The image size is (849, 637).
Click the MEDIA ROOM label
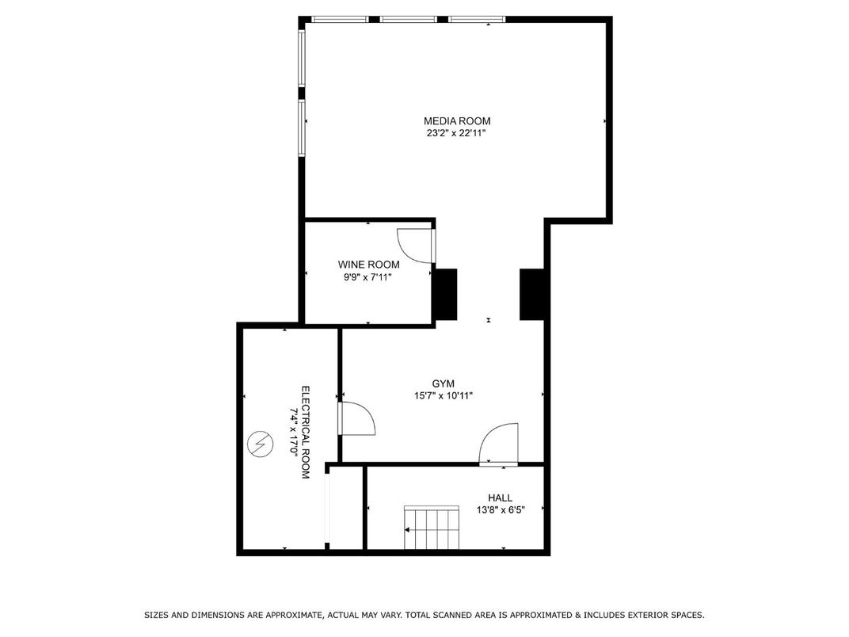[457, 120]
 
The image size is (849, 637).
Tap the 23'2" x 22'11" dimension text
[456, 133]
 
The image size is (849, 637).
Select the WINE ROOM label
[369, 265]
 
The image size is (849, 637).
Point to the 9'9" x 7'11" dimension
[367, 277]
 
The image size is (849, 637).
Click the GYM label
[443, 383]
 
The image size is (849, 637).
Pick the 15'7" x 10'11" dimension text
[444, 396]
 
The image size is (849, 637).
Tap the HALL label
[500, 498]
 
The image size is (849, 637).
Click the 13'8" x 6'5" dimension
[501, 509]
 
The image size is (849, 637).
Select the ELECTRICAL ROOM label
[306, 433]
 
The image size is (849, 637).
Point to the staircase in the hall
[432, 528]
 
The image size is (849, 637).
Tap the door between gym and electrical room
[356, 418]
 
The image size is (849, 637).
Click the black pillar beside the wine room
[444, 295]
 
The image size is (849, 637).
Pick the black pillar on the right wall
[531, 295]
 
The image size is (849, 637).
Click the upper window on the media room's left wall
[302, 57]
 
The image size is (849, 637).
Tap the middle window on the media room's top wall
[408, 20]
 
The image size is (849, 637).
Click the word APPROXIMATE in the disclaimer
[294, 615]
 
